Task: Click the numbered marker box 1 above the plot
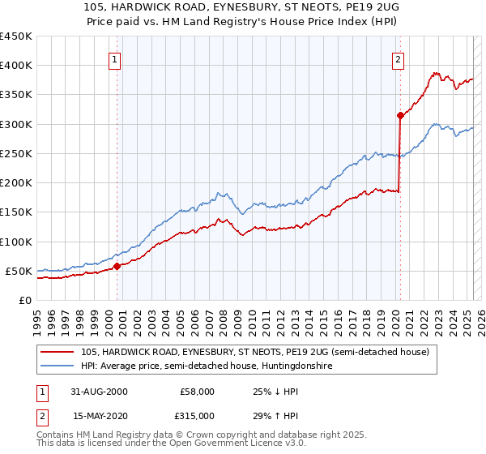[114, 59]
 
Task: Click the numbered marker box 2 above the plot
[399, 59]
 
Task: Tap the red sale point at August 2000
[117, 266]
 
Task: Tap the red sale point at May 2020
[400, 115]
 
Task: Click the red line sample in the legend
[58, 351]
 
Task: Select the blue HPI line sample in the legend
[58, 366]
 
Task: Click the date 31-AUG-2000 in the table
[100, 392]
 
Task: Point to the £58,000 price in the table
[195, 392]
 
